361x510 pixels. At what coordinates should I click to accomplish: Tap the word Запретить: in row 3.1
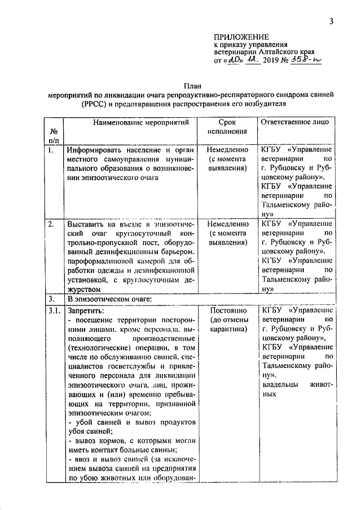tap(86, 309)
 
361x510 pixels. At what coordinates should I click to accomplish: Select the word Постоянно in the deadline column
tap(227, 309)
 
